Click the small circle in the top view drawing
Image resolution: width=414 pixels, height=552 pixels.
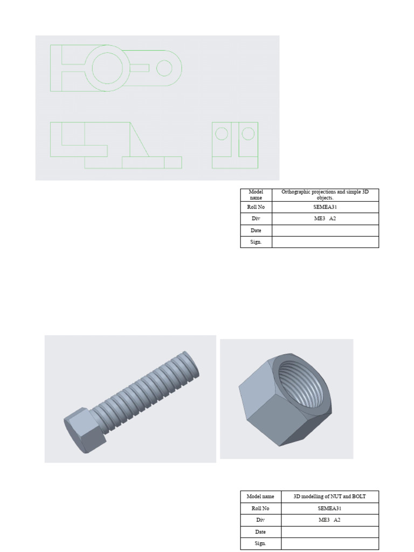pyautogui.click(x=164, y=68)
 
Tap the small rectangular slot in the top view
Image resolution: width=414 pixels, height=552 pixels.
pyautogui.click(x=140, y=68)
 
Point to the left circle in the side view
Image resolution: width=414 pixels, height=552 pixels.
pyautogui.click(x=221, y=133)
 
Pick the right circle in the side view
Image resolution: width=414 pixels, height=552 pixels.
pyautogui.click(x=247, y=133)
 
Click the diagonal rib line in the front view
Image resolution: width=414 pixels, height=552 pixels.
pyautogui.click(x=140, y=140)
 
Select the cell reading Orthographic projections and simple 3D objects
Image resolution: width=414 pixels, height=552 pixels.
pyautogui.click(x=325, y=195)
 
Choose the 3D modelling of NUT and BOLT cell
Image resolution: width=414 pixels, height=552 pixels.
pyautogui.click(x=329, y=496)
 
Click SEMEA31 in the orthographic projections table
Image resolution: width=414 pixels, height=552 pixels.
pyautogui.click(x=325, y=207)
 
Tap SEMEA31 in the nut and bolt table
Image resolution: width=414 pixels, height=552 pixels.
pyautogui.click(x=329, y=508)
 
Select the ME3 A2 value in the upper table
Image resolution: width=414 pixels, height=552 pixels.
pyautogui.click(x=325, y=219)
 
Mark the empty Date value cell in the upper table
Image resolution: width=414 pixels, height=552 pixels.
pyautogui.click(x=325, y=231)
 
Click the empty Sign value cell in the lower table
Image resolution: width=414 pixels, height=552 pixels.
pyautogui.click(x=329, y=544)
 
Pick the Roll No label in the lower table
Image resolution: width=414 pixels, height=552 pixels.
pyautogui.click(x=260, y=508)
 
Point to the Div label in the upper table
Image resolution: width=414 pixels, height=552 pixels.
pyautogui.click(x=256, y=219)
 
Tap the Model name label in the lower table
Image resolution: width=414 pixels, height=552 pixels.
pyautogui.click(x=260, y=496)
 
